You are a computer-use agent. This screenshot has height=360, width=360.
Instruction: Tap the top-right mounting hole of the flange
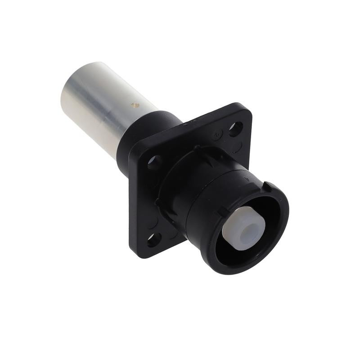[x=235, y=129]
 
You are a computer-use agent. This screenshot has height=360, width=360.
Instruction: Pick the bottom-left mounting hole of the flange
[x=153, y=239]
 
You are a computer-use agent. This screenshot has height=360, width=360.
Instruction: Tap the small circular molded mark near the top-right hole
[x=218, y=133]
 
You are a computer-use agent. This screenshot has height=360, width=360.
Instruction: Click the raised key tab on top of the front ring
[x=266, y=186]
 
